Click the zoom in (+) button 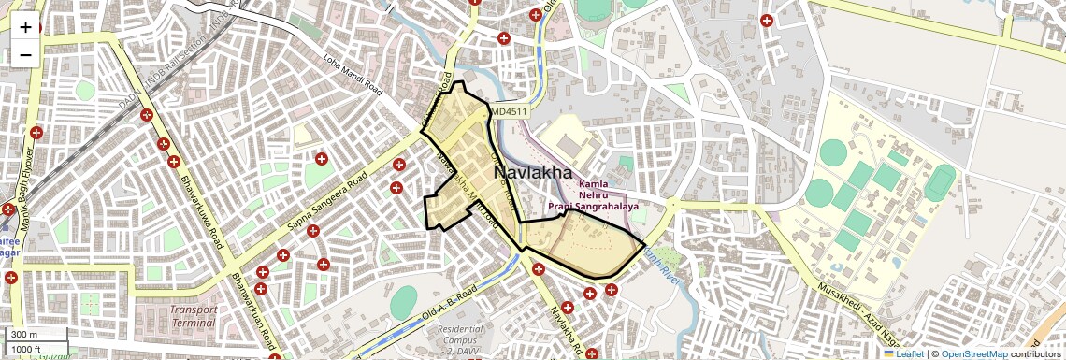25,27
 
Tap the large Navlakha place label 532,173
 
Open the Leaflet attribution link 904,353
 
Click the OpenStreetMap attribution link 973,353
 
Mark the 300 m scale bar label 23,335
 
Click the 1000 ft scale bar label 25,349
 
